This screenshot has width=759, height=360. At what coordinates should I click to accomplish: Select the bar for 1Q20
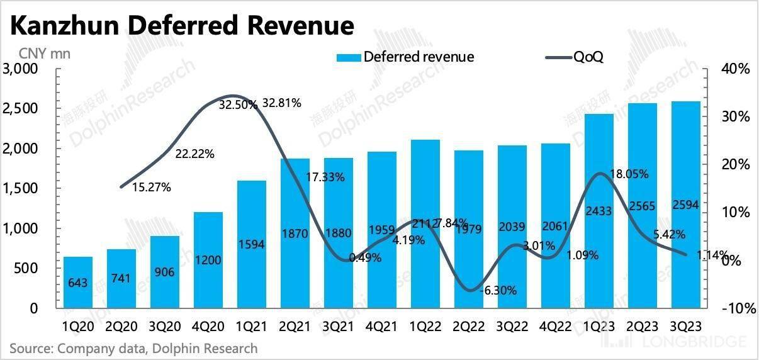(78, 283)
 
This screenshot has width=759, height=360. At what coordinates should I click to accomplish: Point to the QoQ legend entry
(576, 57)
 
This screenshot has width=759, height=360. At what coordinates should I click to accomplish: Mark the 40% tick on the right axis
(734, 69)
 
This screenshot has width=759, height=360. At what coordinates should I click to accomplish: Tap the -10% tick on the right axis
(733, 308)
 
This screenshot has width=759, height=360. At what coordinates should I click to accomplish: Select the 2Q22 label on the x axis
(469, 327)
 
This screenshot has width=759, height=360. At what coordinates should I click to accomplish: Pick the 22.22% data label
(194, 154)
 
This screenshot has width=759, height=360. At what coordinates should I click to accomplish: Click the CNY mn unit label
(45, 53)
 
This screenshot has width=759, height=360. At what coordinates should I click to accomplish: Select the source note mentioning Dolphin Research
(133, 348)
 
